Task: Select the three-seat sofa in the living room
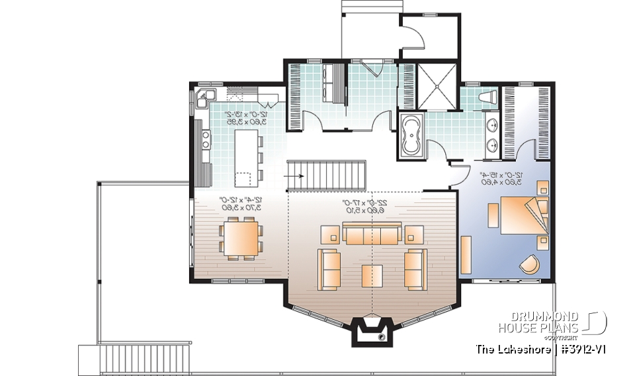[x=372, y=235]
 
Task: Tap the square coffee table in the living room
[x=372, y=275]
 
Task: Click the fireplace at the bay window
[x=372, y=330]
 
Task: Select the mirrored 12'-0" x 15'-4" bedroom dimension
[x=503, y=178]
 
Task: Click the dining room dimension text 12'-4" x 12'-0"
[x=241, y=204]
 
